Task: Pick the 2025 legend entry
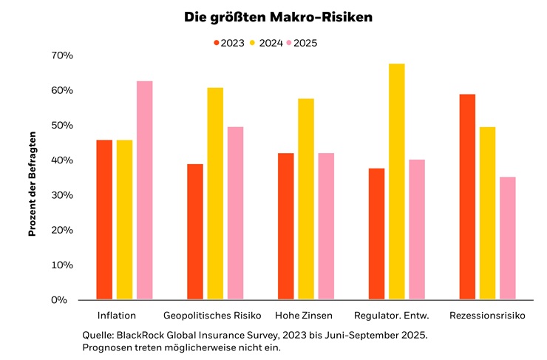point(305,43)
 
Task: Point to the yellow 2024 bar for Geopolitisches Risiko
point(215,194)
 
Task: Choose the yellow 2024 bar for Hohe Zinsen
point(306,199)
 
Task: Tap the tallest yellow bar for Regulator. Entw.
point(397,181)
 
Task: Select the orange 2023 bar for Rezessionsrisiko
point(467,197)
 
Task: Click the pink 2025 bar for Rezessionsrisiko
point(507,238)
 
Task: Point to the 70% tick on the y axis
point(62,55)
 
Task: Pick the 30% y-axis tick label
point(62,195)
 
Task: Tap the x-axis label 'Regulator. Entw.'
point(397,316)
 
